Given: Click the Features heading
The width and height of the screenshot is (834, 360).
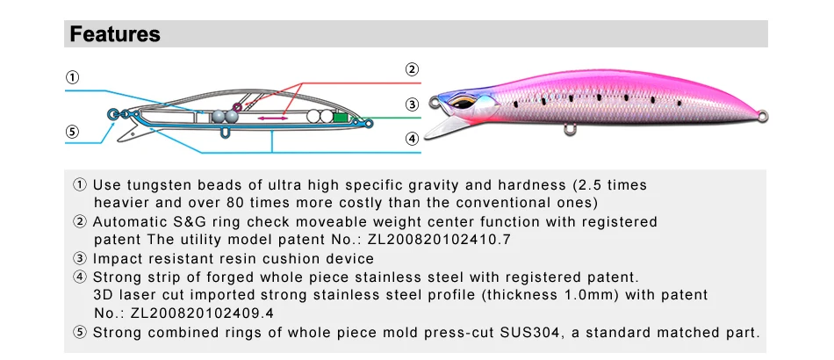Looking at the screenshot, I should (x=115, y=34).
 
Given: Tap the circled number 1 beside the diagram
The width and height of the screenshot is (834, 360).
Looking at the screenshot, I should (x=75, y=76).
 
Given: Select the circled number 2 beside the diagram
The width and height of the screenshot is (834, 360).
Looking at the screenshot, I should (x=412, y=69).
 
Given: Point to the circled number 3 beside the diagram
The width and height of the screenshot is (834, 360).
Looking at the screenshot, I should (x=412, y=104).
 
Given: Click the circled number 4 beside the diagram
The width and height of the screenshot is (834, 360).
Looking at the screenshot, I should (x=412, y=138).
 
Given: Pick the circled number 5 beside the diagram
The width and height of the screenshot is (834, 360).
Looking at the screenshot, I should (x=75, y=132).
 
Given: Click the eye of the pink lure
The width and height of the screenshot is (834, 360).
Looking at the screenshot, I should (x=460, y=104).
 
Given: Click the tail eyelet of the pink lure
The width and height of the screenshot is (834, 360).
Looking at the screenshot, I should (x=762, y=113).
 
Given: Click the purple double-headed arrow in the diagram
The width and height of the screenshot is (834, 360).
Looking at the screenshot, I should (x=272, y=117).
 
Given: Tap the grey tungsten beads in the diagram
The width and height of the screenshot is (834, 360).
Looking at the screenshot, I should (x=226, y=115).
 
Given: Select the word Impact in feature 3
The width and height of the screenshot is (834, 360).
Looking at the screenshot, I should (x=118, y=259).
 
